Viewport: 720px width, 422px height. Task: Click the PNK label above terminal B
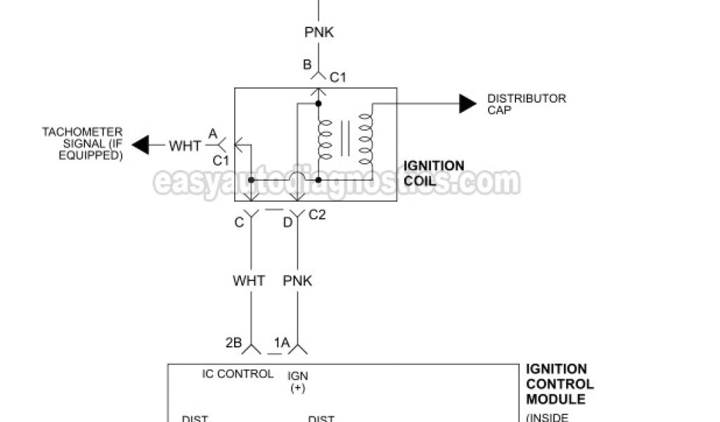click(319, 33)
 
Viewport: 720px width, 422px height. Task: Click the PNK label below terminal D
click(297, 281)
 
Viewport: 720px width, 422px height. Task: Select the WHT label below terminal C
click(249, 281)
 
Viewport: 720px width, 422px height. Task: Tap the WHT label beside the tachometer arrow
click(185, 146)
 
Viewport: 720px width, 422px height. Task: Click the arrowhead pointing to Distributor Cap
click(468, 103)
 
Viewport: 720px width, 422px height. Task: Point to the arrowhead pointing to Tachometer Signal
click(141, 146)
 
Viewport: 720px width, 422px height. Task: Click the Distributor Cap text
click(526, 104)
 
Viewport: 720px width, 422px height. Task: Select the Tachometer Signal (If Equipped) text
click(82, 143)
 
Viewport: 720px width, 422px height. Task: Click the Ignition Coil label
click(434, 173)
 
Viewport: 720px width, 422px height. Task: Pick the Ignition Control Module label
click(560, 384)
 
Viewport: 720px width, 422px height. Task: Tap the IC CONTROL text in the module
click(238, 374)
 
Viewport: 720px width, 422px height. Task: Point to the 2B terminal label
click(233, 343)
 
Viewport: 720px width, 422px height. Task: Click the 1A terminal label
click(282, 343)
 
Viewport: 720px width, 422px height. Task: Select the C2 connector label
click(317, 215)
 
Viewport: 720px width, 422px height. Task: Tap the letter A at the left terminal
click(212, 133)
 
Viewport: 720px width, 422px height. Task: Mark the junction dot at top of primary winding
click(319, 104)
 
